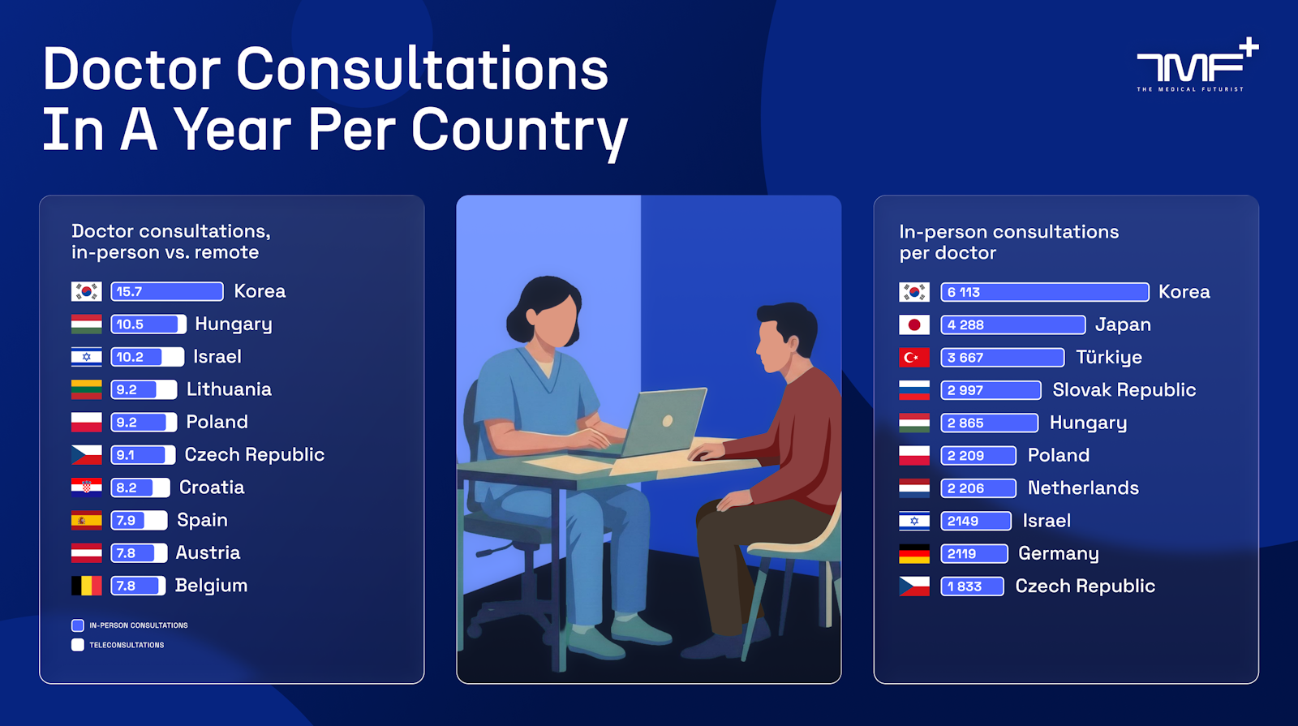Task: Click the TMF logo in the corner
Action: pyautogui.click(x=1197, y=65)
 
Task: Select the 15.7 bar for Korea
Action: pyautogui.click(x=167, y=291)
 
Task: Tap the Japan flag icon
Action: pyautogui.click(x=913, y=324)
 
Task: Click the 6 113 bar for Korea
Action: pyautogui.click(x=1044, y=292)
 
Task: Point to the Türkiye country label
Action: pyautogui.click(x=1108, y=357)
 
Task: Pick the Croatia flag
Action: pyautogui.click(x=86, y=488)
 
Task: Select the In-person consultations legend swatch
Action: pyautogui.click(x=78, y=625)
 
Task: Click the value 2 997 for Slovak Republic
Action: pyautogui.click(x=965, y=390)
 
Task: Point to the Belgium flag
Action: pyautogui.click(x=86, y=585)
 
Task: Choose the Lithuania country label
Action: pyautogui.click(x=229, y=389)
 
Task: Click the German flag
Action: pyautogui.click(x=913, y=553)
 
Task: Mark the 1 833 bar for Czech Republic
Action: pyautogui.click(x=972, y=586)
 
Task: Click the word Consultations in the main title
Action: pyautogui.click(x=422, y=70)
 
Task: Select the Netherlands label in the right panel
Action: pyautogui.click(x=1083, y=488)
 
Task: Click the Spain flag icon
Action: pyautogui.click(x=86, y=520)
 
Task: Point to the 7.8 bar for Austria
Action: pyautogui.click(x=139, y=552)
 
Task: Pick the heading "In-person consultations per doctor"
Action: pyautogui.click(x=1009, y=243)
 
